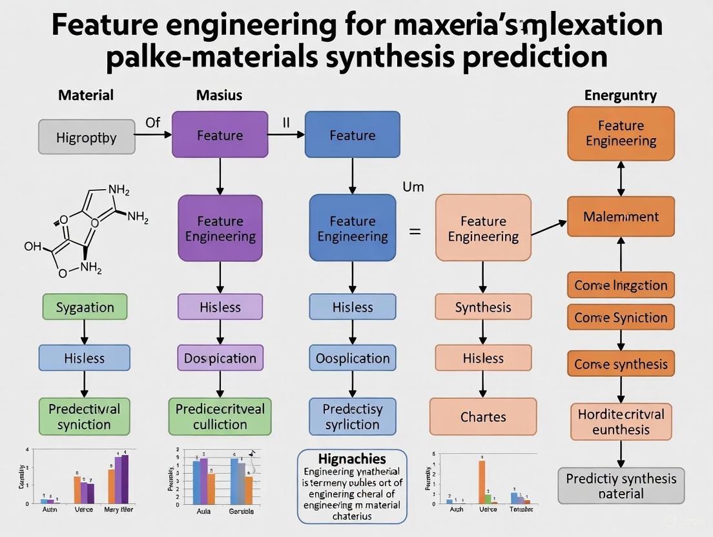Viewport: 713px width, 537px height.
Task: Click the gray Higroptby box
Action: pos(87,137)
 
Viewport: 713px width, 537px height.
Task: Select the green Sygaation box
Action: pos(85,307)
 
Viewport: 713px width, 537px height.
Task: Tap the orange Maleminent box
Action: pos(621,217)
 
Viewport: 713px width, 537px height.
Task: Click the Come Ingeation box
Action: pos(621,285)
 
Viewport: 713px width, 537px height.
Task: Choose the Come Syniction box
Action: pos(621,318)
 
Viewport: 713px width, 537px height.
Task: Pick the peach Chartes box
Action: pos(482,416)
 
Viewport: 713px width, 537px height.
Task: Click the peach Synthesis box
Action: pos(482,307)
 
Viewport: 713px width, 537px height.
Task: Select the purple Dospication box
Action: pos(220,358)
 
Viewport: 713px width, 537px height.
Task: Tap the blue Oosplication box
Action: pos(352,358)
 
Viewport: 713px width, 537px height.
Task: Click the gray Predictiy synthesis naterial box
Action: pos(621,486)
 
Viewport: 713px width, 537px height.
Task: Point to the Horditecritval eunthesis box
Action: pos(621,421)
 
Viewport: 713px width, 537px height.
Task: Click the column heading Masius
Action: pos(219,96)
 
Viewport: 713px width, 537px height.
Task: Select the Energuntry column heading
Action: pos(620,96)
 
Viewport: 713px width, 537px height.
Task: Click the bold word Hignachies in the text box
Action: pos(352,459)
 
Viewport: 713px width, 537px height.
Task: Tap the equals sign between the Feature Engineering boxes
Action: pos(415,230)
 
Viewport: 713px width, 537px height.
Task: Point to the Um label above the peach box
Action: pos(413,187)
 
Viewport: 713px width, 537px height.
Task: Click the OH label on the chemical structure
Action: pos(32,247)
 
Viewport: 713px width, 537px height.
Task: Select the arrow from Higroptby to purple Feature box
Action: pos(154,134)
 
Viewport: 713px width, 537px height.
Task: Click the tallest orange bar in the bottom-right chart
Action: pos(481,481)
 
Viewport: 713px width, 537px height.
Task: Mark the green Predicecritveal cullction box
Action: pos(220,416)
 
